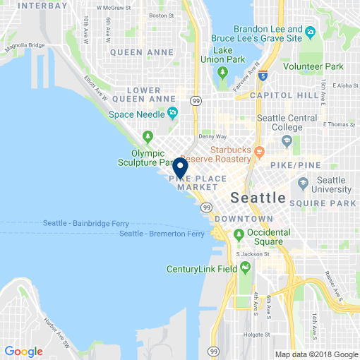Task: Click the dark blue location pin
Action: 179,168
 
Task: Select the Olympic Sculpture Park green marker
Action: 148,136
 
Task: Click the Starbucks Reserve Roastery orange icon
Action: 259,151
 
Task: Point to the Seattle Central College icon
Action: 288,142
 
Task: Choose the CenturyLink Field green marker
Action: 246,268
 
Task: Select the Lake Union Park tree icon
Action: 222,71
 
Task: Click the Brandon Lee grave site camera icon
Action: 311,32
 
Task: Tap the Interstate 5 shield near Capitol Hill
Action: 263,76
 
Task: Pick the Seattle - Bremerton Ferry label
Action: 162,233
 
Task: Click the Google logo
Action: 23,351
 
